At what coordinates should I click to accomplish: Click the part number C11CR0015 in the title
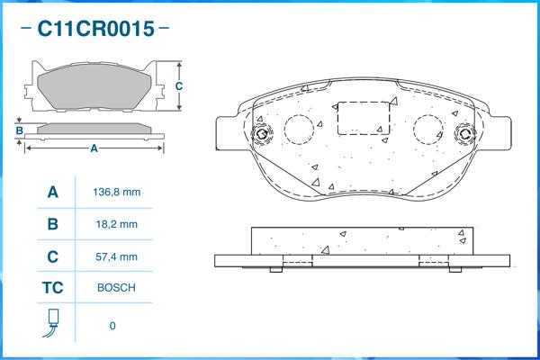coord(95,29)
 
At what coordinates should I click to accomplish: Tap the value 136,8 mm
coord(117,192)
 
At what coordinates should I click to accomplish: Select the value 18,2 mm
coord(117,224)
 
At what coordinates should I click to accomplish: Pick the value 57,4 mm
coord(117,256)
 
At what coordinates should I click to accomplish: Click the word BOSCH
coord(116,288)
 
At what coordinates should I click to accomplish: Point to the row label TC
coord(53,288)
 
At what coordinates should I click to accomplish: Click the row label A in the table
coord(53,192)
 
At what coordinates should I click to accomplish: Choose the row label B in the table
coord(53,224)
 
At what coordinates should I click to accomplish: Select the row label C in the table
coord(53,256)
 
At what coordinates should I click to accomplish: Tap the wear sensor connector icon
coord(52,323)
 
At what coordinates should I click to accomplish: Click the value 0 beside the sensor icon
coord(112,326)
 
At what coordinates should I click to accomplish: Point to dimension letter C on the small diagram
coord(179,85)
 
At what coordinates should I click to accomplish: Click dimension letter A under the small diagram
coord(94,148)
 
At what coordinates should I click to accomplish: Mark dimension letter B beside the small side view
coord(20,130)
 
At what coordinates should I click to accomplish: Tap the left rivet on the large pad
coord(262,133)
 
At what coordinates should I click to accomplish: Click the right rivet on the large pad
coord(465,133)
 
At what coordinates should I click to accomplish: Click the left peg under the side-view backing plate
coord(276,269)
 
